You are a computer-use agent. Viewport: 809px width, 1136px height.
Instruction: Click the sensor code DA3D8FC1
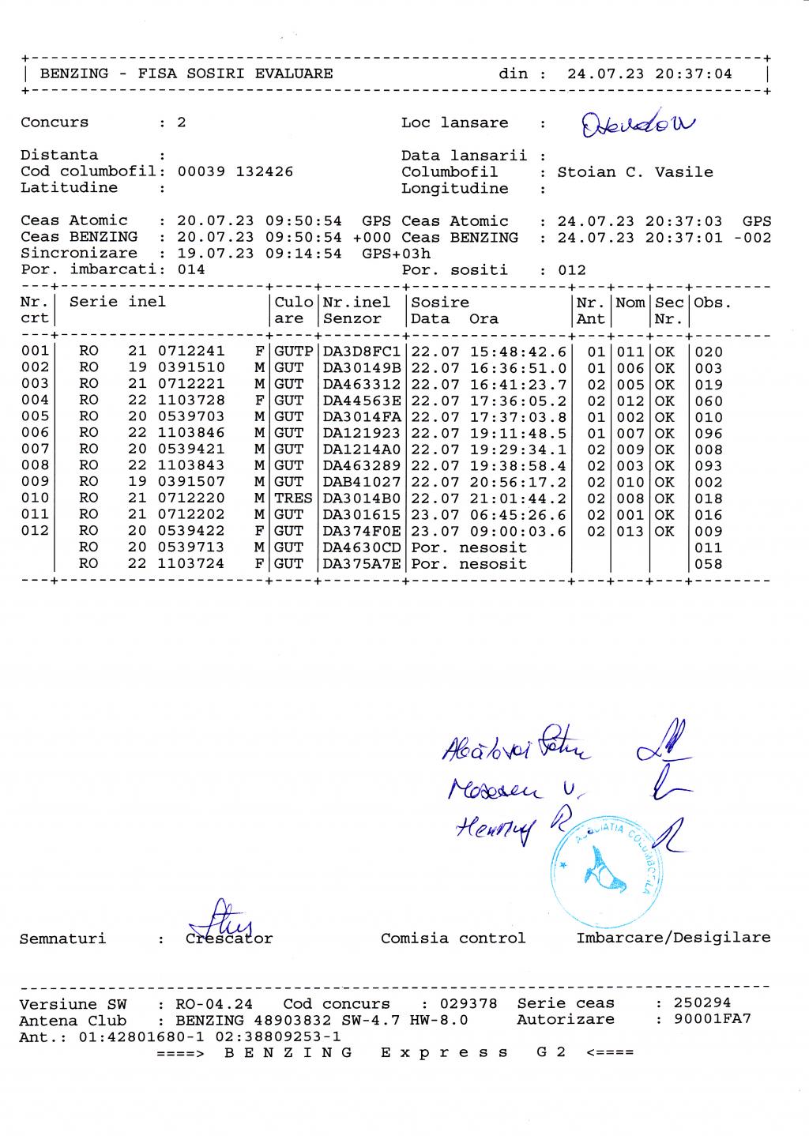[362, 352]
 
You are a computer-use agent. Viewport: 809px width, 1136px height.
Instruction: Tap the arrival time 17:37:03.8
[518, 417]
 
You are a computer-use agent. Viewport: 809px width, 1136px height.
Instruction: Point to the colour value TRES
[293, 498]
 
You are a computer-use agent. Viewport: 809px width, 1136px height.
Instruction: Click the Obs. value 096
[709, 433]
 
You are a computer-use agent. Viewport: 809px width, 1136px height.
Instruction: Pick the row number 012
[35, 531]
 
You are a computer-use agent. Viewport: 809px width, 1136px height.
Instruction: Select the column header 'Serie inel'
[118, 302]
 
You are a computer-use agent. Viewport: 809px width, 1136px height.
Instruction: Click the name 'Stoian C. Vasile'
[635, 172]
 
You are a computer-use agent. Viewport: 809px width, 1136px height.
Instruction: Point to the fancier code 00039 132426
[235, 171]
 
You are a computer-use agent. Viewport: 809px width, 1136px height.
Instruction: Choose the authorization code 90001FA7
[713, 1019]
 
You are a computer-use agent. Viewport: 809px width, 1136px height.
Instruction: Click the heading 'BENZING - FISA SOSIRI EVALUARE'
[186, 74]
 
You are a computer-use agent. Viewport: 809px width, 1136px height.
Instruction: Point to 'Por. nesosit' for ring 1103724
[469, 564]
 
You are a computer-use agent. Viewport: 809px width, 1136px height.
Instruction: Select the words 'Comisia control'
[453, 939]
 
